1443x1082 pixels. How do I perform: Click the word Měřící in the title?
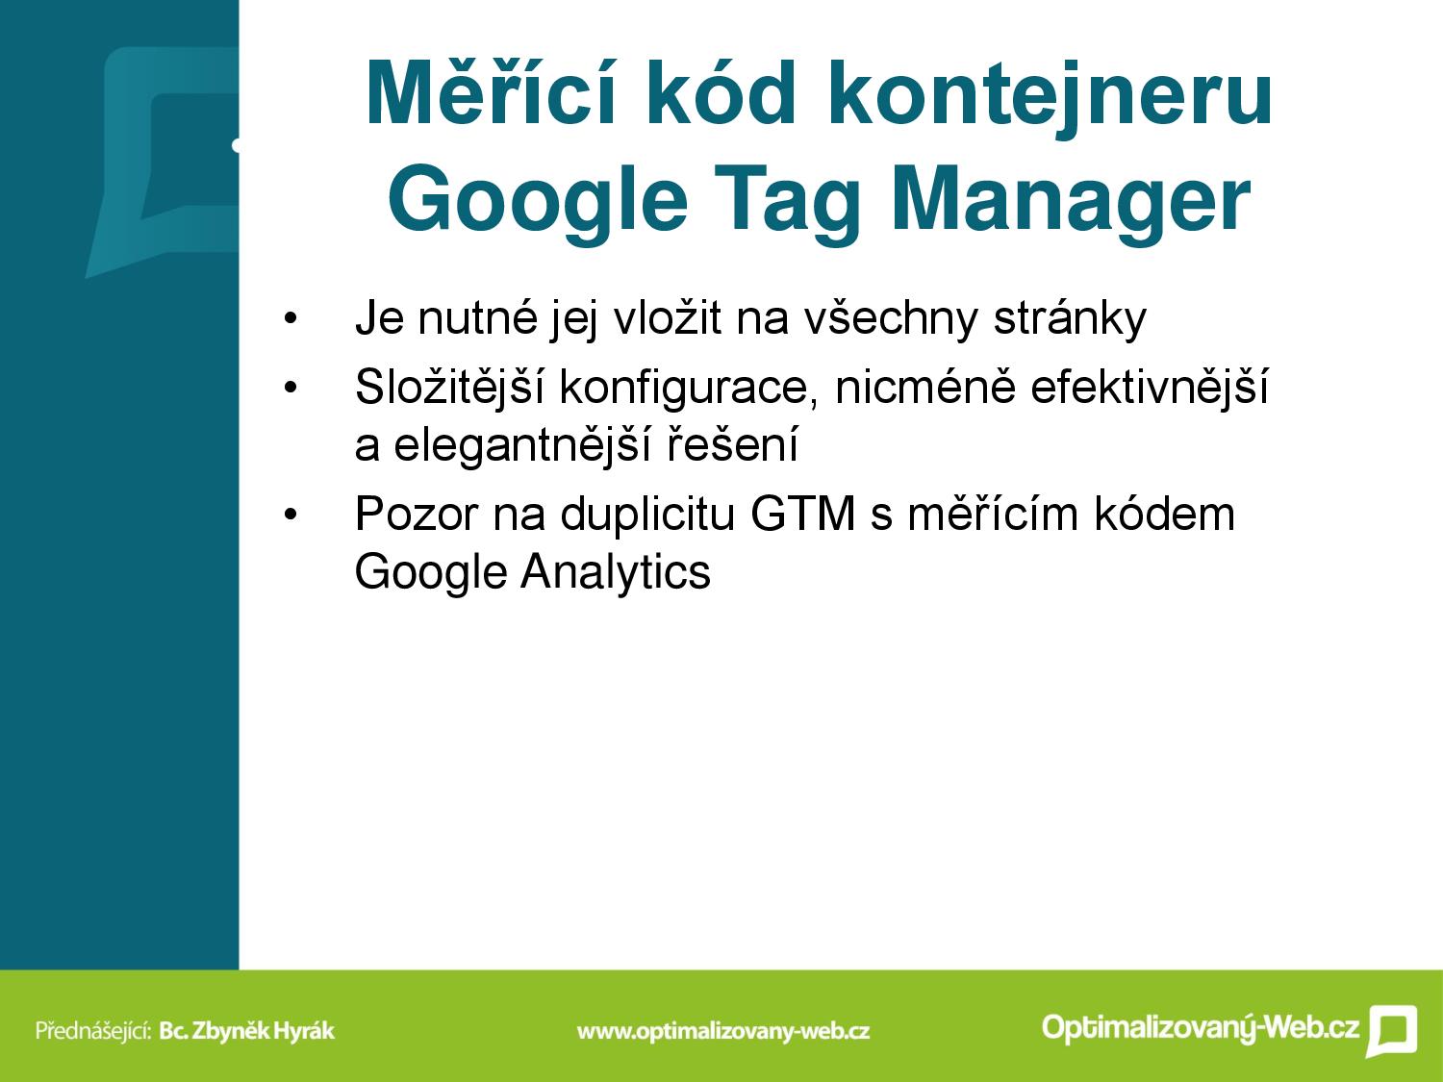point(491,92)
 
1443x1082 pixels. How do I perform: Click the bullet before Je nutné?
point(291,319)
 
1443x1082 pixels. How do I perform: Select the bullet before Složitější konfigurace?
point(291,389)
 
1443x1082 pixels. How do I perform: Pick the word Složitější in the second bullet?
point(449,386)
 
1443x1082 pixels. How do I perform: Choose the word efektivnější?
point(1150,386)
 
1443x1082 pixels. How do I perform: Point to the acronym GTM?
point(802,514)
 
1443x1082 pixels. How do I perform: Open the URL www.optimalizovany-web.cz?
point(723,1031)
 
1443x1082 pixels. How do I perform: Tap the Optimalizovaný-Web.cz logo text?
point(1200,1027)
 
